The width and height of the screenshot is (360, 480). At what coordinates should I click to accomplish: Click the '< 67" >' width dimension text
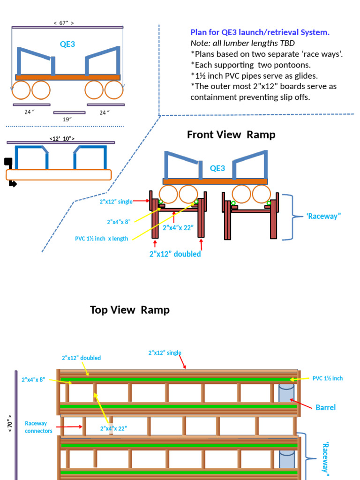click(x=64, y=22)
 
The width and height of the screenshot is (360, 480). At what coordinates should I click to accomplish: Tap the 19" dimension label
click(x=67, y=120)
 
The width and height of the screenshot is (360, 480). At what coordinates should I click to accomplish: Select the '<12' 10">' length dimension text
click(x=62, y=138)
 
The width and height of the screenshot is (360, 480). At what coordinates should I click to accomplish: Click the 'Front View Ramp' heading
click(x=231, y=135)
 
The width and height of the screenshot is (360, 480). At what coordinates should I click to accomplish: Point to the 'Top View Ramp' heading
click(x=130, y=310)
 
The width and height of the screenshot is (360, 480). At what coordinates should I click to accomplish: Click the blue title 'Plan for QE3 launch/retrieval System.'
click(x=260, y=32)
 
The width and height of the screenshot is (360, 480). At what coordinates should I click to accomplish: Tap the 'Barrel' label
click(x=325, y=407)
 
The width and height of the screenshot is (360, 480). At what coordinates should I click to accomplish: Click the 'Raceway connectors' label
click(x=38, y=427)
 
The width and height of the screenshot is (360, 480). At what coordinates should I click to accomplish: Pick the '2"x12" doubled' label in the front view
click(x=175, y=254)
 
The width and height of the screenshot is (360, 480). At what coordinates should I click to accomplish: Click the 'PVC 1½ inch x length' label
click(x=101, y=239)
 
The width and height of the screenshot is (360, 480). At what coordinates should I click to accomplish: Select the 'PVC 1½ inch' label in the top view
click(x=328, y=378)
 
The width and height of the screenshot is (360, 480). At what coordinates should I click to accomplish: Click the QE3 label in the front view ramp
click(x=217, y=168)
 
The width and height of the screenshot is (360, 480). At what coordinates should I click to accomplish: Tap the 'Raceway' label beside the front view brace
click(x=323, y=216)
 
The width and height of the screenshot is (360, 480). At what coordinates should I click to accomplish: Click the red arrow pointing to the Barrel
click(x=300, y=404)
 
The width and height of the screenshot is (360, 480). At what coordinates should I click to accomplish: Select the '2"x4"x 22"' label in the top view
click(x=113, y=428)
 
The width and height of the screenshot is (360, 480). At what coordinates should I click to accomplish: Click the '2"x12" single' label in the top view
click(x=165, y=352)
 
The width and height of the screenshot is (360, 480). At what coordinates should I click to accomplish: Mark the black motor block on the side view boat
click(x=8, y=162)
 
